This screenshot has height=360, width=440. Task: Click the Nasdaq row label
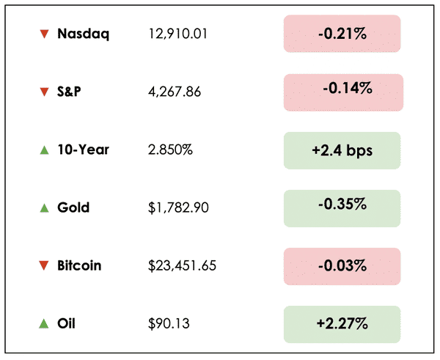click(83, 34)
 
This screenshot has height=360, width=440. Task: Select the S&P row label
click(70, 92)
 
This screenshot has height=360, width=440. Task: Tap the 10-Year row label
click(83, 150)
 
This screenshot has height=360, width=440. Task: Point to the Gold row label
click(73, 207)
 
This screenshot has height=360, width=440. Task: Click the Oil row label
click(66, 323)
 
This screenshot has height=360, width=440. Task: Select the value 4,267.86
click(174, 92)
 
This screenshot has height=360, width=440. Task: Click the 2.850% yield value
click(170, 150)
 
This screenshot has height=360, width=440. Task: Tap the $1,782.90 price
click(178, 207)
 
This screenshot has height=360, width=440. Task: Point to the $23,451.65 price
click(182, 265)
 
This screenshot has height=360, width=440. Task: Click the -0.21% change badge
click(342, 34)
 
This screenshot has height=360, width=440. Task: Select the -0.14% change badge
click(342, 92)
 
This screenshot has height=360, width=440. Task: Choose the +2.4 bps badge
click(342, 150)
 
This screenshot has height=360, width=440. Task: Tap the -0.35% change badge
click(342, 207)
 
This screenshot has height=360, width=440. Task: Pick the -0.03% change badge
click(342, 265)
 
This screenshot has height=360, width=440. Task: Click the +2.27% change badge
click(342, 323)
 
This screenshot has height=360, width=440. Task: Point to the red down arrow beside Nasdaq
click(44, 34)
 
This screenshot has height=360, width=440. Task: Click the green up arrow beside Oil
click(44, 323)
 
